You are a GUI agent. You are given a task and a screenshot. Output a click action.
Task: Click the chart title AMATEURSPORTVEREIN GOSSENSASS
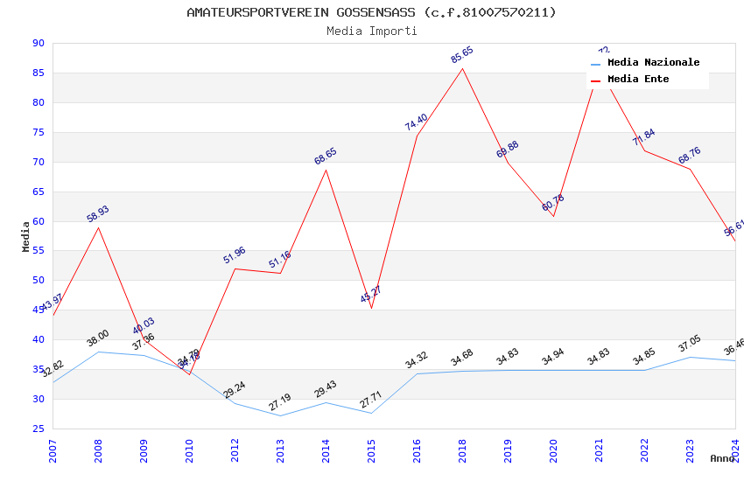coord(371,12)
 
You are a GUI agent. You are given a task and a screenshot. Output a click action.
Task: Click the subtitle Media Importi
coord(371,31)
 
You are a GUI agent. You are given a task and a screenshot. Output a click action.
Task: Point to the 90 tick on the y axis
coord(38,44)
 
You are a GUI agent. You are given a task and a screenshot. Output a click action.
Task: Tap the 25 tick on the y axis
coord(38,429)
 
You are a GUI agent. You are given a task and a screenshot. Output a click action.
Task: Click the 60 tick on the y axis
coord(38,221)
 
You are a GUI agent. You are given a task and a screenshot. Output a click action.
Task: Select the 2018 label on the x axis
coord(462,452)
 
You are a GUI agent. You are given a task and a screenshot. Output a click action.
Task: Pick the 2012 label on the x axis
coord(235,452)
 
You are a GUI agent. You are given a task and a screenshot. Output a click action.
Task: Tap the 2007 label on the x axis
coord(53,452)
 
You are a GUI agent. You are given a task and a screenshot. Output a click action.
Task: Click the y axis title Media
coord(26,236)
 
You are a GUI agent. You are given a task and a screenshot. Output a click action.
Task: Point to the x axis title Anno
coord(722,458)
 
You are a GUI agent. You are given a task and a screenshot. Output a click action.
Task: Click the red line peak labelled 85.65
coord(462,69)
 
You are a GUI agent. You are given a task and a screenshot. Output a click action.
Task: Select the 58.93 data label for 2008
coord(98,214)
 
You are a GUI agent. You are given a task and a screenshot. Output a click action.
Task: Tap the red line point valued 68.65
coord(326,170)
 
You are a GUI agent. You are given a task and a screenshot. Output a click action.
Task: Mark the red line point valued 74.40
coord(417,136)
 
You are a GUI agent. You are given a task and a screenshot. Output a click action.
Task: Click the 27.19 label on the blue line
coord(280,403)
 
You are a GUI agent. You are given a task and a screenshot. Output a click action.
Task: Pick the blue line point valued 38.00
coord(98,352)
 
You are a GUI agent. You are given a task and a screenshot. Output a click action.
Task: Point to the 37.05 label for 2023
coord(690,345)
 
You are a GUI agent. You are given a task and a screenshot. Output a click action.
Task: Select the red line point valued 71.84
coord(644,150)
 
